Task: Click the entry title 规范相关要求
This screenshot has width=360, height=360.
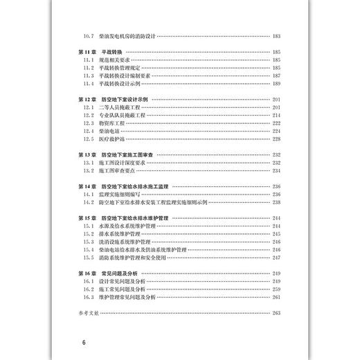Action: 115,60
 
